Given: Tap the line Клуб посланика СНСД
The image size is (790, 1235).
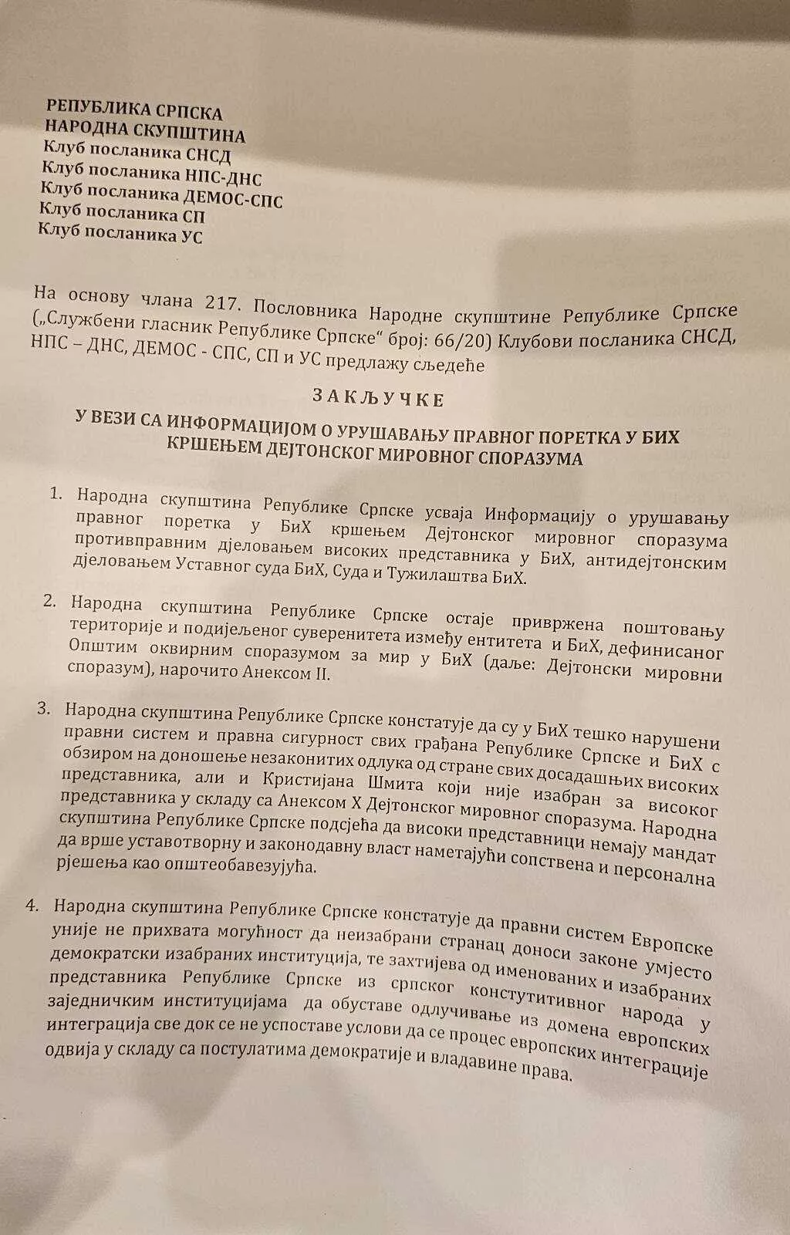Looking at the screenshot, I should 136,155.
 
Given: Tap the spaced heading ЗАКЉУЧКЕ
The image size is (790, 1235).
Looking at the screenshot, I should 377,399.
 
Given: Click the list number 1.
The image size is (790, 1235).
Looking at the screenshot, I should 56,494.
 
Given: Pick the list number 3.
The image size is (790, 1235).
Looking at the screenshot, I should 44,710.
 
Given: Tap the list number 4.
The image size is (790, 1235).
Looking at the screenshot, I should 33,906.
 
